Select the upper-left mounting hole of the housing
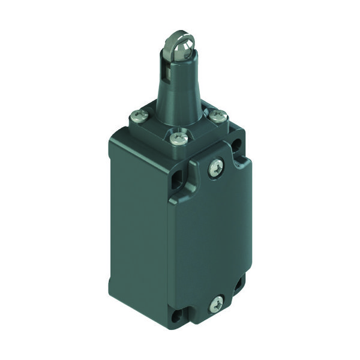click(x=178, y=179)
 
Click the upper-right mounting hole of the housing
click(x=240, y=145)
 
